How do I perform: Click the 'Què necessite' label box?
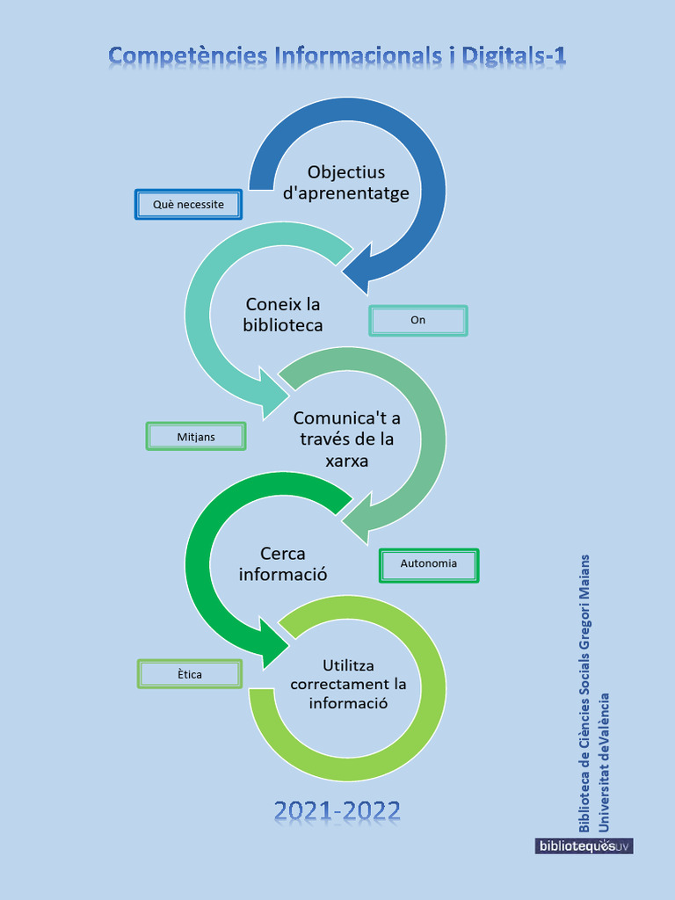(188, 205)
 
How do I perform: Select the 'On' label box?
(417, 321)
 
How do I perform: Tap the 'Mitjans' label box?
(195, 437)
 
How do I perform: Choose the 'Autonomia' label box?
(428, 564)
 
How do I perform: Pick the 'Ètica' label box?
(189, 674)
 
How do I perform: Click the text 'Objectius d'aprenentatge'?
(346, 183)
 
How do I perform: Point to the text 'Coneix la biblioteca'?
(283, 315)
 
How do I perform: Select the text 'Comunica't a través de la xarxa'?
(346, 439)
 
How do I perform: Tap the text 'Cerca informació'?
(283, 564)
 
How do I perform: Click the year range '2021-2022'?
(337, 810)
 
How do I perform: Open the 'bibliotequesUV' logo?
(584, 846)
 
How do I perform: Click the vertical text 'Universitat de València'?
(604, 761)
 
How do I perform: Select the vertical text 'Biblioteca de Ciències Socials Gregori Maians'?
(584, 693)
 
